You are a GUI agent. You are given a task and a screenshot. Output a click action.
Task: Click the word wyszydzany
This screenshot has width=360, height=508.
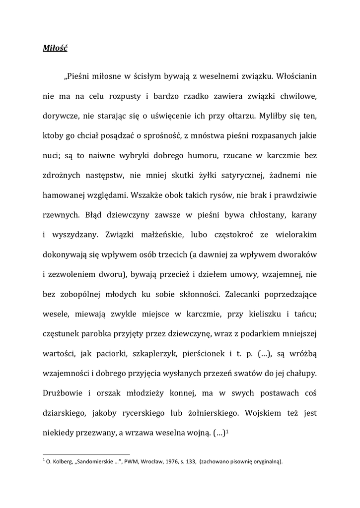click(x=76, y=235)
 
